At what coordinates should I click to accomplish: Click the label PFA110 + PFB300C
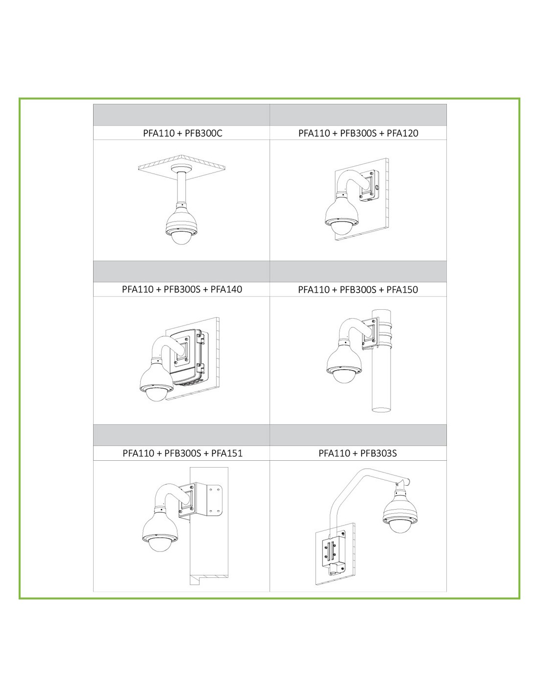182,133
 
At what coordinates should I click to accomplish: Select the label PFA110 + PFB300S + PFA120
358,133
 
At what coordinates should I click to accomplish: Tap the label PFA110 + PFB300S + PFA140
182,289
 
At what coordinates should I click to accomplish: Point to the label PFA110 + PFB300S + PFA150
358,290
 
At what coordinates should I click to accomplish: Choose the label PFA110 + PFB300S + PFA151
182,453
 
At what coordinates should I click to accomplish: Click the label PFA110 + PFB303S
358,453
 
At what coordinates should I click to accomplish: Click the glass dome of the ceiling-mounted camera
181,238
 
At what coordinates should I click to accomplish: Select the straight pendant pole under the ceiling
181,188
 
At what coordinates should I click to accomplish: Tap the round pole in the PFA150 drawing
382,360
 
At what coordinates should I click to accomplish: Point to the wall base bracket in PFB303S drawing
334,551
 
